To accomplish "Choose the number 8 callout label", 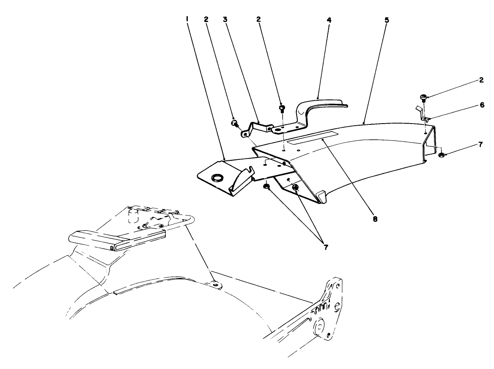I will (x=374, y=219).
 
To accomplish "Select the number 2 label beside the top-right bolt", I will (x=482, y=80).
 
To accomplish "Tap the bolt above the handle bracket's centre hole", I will (x=282, y=108).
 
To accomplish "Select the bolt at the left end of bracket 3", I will (x=233, y=123).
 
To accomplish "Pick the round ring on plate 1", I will (x=218, y=178).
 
